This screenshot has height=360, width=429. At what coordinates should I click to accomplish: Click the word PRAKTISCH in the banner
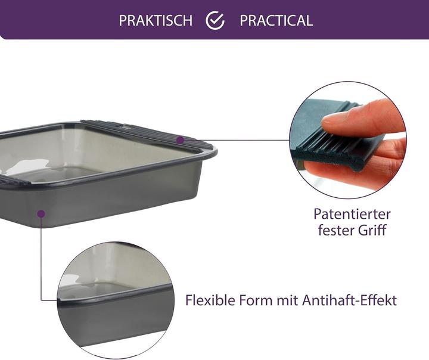(156, 20)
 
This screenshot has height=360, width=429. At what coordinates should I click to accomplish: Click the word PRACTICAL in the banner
(276, 20)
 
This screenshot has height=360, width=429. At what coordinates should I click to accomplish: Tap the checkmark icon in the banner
(215, 20)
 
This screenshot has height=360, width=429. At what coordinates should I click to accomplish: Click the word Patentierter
(352, 213)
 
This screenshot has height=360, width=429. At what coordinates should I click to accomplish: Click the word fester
(335, 229)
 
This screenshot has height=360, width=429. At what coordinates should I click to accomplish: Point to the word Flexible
(210, 300)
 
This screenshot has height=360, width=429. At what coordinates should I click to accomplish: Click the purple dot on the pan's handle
(180, 139)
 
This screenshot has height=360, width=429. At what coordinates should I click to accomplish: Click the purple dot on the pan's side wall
(41, 213)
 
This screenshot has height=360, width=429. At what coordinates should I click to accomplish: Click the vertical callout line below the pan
(41, 256)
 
